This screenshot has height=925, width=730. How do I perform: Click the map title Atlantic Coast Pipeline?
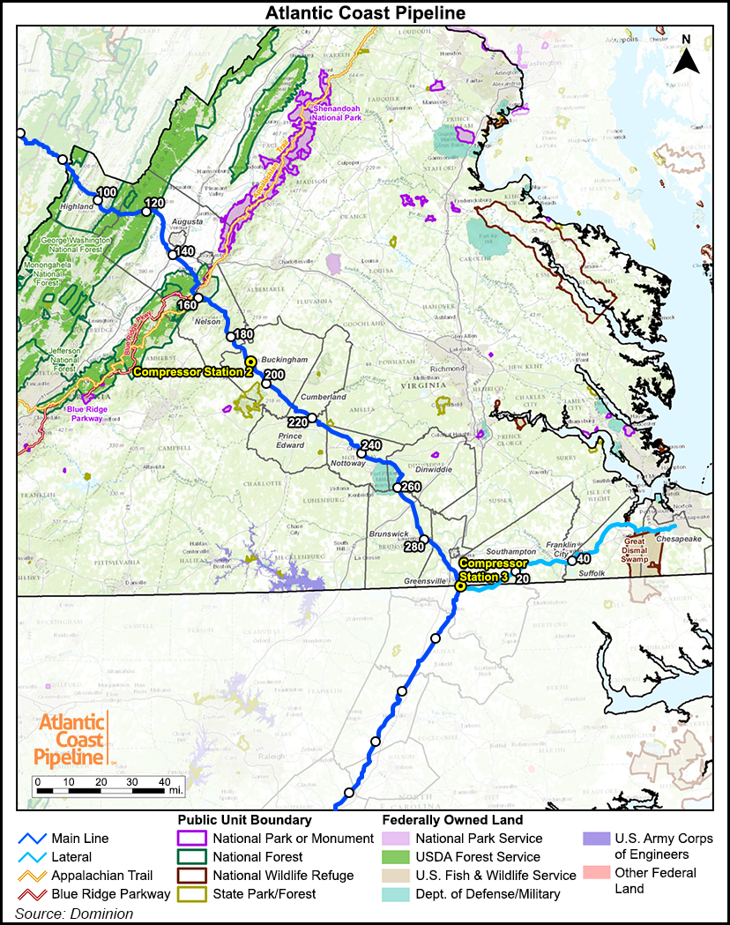point(365,12)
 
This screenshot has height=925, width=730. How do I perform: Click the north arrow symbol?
point(687,57)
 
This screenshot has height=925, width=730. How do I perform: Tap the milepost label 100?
point(107,192)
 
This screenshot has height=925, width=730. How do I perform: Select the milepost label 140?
point(184,252)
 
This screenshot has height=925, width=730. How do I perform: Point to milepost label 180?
point(242,335)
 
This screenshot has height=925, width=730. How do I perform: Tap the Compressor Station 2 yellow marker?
point(250,362)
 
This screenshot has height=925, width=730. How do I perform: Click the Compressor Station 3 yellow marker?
point(460,586)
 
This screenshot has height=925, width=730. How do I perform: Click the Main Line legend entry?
point(80,839)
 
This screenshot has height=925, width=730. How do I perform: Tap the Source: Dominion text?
point(74,914)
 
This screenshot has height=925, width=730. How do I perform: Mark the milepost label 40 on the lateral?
point(583,559)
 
